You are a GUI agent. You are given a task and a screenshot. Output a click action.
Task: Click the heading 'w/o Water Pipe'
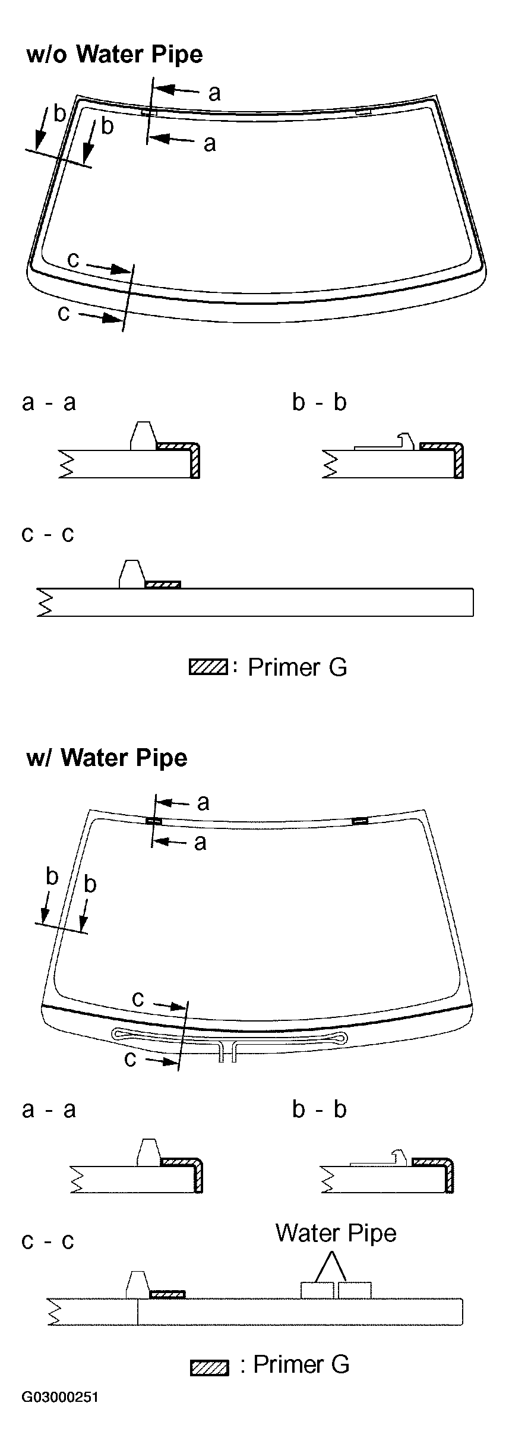tap(115, 55)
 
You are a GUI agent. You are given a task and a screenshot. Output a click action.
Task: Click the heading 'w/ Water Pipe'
tap(107, 758)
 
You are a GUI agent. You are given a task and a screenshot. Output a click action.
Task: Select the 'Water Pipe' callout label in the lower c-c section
tap(336, 1233)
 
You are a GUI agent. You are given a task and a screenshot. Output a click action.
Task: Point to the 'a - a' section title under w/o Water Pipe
tap(49, 403)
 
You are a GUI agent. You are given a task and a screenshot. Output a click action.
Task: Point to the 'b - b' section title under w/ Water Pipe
tap(319, 1109)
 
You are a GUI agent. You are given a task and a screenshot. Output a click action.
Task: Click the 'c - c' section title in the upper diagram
tap(48, 534)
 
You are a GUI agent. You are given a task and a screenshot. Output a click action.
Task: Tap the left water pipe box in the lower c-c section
tap(317, 1290)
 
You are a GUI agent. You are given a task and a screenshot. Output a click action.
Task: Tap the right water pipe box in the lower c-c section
tap(355, 1290)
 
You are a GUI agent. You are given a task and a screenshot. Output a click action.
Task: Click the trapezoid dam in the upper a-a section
tap(143, 435)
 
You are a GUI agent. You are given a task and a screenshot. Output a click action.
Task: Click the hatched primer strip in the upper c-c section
tap(163, 585)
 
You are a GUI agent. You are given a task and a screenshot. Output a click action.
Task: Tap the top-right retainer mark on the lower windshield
tap(360, 821)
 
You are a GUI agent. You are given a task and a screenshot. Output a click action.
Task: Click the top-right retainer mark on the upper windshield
tap(363, 112)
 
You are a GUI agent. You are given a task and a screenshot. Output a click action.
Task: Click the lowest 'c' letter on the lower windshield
tap(131, 1058)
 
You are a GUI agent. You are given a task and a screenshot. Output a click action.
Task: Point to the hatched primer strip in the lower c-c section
tap(167, 1294)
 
